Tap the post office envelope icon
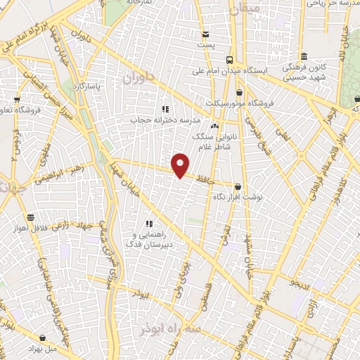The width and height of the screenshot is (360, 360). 205,34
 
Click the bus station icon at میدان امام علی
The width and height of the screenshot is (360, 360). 231,60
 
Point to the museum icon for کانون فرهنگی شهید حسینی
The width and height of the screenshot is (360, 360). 304,57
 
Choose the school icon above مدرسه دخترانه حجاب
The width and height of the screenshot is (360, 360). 165,109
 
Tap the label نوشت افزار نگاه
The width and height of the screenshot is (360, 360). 238,198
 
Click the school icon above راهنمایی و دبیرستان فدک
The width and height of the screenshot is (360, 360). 148,223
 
